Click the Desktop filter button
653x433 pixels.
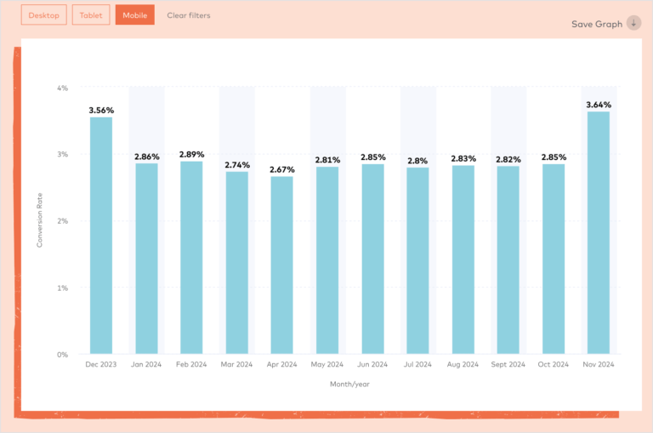tap(43, 15)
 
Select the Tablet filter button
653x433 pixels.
tap(91, 15)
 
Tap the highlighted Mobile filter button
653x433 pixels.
tap(135, 15)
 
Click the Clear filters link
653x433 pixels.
tap(189, 15)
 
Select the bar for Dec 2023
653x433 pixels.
tap(101, 235)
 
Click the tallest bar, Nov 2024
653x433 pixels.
tap(599, 232)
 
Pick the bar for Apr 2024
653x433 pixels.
tap(282, 265)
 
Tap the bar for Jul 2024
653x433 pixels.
tap(417, 260)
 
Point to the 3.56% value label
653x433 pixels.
tap(101, 111)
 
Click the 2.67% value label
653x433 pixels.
tap(282, 170)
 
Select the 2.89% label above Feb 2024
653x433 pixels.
tap(191, 155)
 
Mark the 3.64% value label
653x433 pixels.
tap(599, 105)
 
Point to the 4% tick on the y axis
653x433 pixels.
tap(62, 88)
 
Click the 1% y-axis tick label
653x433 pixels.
tap(62, 288)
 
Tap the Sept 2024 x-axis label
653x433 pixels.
tap(508, 364)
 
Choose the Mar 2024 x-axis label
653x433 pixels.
tap(236, 364)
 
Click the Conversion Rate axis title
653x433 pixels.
tap(40, 220)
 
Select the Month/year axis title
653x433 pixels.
tap(349, 384)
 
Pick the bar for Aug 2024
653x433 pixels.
tap(463, 259)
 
